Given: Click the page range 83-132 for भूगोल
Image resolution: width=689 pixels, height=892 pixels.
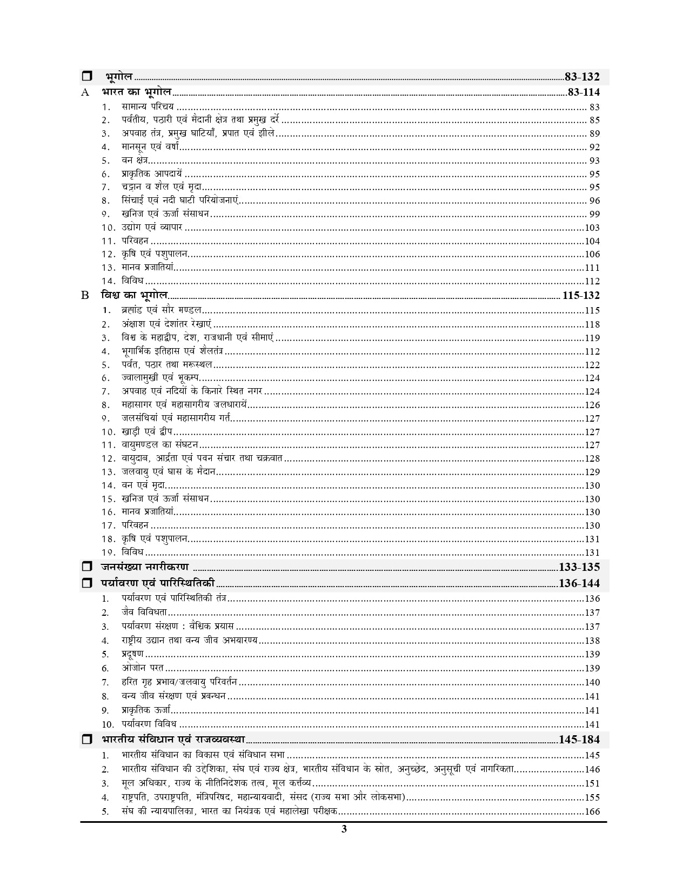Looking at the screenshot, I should click(x=581, y=77).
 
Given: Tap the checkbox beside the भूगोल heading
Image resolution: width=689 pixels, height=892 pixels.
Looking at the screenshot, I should click(x=87, y=77).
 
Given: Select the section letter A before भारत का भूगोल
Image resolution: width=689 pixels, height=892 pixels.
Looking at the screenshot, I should click(x=85, y=92).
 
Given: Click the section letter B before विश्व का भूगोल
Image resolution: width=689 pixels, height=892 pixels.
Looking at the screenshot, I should click(x=85, y=296).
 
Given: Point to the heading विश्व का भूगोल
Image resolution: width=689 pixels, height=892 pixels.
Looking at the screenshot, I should click(x=134, y=296).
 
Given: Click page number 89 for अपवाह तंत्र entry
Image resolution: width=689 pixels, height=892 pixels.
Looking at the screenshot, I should click(x=594, y=134).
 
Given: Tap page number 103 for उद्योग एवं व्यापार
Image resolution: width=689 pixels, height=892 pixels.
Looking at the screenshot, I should click(x=592, y=228).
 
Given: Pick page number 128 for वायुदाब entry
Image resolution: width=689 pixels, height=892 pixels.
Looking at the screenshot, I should click(x=592, y=458).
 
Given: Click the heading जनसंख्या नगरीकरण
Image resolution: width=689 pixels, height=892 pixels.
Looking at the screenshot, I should click(x=144, y=567).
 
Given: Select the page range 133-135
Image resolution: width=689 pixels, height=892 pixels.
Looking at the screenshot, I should click(x=579, y=567).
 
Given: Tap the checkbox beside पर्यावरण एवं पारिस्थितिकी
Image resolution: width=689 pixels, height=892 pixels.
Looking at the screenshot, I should click(x=87, y=584).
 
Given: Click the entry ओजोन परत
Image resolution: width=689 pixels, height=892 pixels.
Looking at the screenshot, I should click(x=143, y=668).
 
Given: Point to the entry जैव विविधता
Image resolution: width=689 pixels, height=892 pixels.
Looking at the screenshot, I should click(x=144, y=613).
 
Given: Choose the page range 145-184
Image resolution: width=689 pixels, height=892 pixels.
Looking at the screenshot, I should click(x=579, y=740).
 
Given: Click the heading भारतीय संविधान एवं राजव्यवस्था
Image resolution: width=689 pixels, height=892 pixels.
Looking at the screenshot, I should click(x=173, y=740).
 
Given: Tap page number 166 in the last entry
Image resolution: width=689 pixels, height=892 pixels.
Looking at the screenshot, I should click(x=592, y=811).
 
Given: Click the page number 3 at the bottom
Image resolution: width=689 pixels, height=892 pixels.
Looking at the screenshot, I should click(x=344, y=829).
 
